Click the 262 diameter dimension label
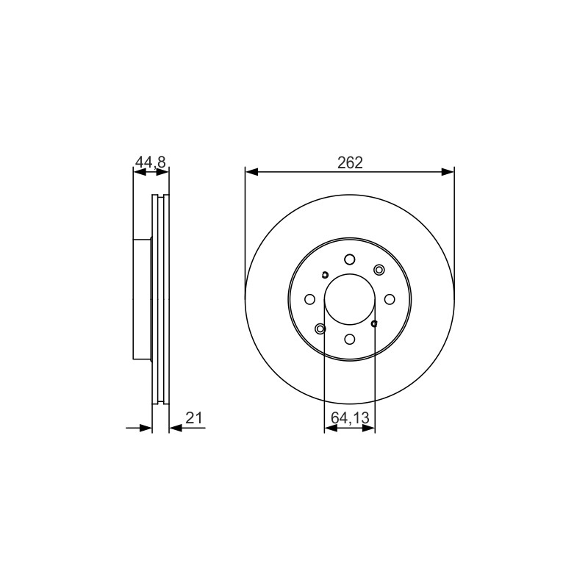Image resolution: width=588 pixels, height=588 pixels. [x=350, y=162]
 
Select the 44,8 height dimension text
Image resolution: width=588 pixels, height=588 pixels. [x=150, y=162]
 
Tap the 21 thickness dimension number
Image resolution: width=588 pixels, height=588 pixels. [x=194, y=417]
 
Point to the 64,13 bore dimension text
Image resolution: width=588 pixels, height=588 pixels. [x=350, y=417]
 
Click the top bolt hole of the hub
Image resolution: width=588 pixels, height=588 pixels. [x=350, y=259]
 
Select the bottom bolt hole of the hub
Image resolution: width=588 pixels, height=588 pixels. [x=350, y=339]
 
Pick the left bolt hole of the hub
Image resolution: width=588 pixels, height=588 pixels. [x=309, y=299]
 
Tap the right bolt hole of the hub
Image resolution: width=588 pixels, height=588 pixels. [x=390, y=299]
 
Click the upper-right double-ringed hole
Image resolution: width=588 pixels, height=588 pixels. [x=379, y=270]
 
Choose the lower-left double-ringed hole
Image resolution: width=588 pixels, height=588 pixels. [x=320, y=329]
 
